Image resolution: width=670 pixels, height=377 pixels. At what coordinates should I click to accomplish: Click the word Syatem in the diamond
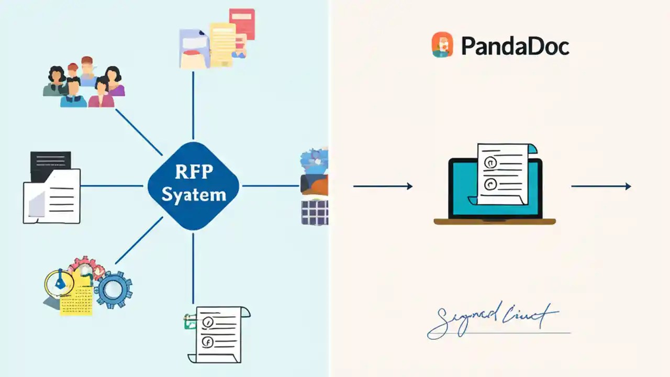(x=194, y=195)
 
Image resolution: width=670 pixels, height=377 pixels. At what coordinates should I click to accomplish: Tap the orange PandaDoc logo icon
(x=442, y=45)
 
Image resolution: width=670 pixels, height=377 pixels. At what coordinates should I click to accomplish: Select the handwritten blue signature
(x=492, y=319)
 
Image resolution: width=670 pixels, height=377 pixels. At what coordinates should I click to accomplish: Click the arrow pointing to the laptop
(x=383, y=186)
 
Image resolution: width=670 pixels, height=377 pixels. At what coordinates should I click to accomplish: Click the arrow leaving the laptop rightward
(x=600, y=186)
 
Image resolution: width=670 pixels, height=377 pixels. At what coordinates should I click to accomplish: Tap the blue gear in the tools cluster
(x=113, y=289)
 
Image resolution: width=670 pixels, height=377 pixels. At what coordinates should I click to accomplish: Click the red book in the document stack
(x=242, y=24)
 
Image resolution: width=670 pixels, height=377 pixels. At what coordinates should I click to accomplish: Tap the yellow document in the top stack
(x=223, y=44)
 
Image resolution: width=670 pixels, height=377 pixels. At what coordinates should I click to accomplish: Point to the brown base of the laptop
(x=494, y=221)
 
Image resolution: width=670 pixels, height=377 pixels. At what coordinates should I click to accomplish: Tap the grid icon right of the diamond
(x=315, y=213)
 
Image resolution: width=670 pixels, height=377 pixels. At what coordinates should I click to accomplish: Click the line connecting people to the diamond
(x=139, y=132)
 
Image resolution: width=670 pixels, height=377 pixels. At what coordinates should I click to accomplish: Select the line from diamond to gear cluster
(x=139, y=240)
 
